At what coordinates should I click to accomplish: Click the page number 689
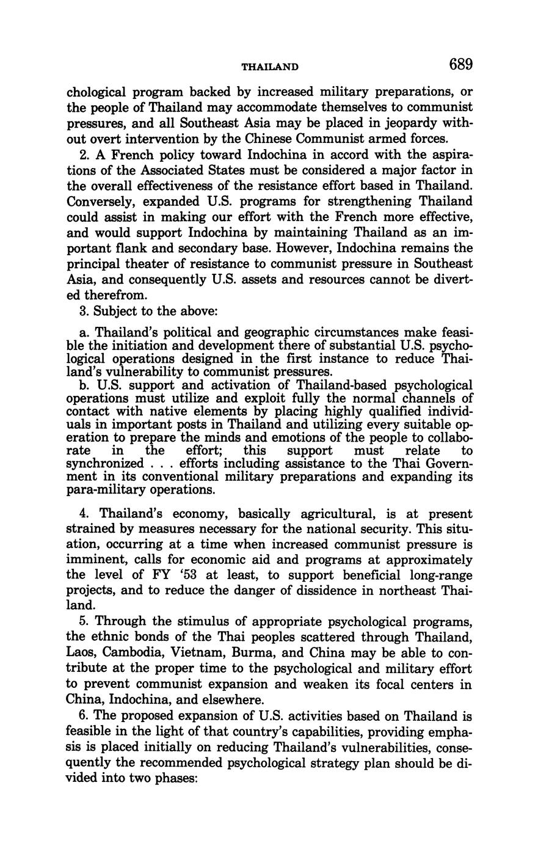[461, 64]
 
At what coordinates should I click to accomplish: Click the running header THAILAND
[269, 66]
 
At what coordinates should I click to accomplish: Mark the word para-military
[104, 490]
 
